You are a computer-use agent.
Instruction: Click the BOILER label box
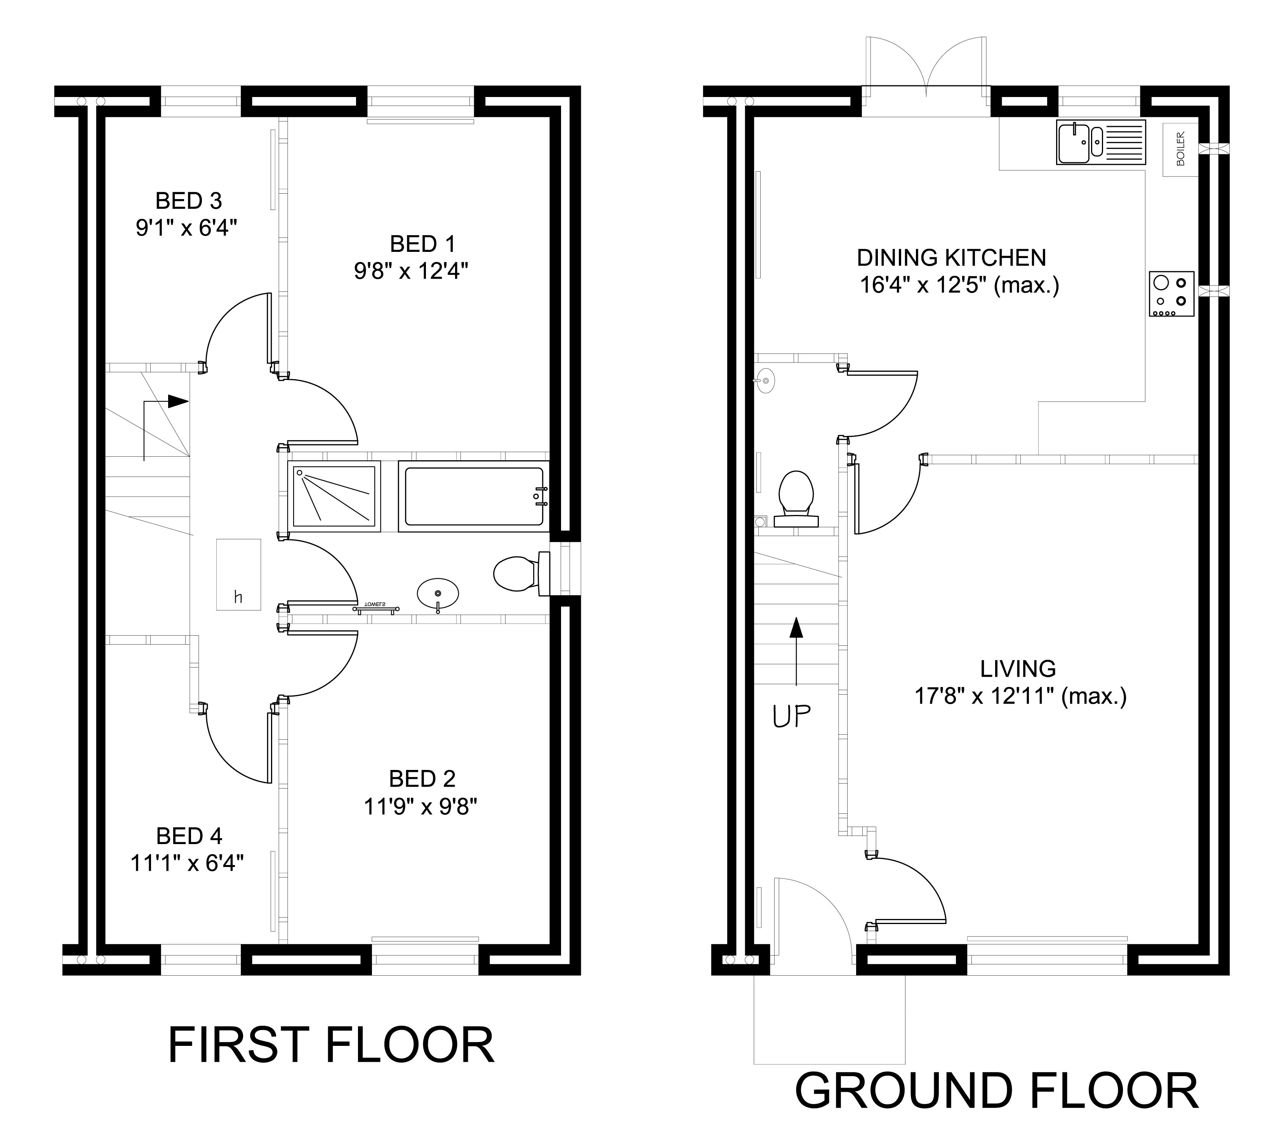pos(1180,149)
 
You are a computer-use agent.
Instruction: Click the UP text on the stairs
pos(791,716)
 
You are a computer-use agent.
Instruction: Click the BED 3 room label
pos(188,201)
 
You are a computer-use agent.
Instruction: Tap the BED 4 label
pos(189,836)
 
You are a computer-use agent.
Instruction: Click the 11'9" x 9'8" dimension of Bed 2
pos(420,806)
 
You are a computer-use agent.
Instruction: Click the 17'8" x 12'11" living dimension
pos(1020,697)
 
